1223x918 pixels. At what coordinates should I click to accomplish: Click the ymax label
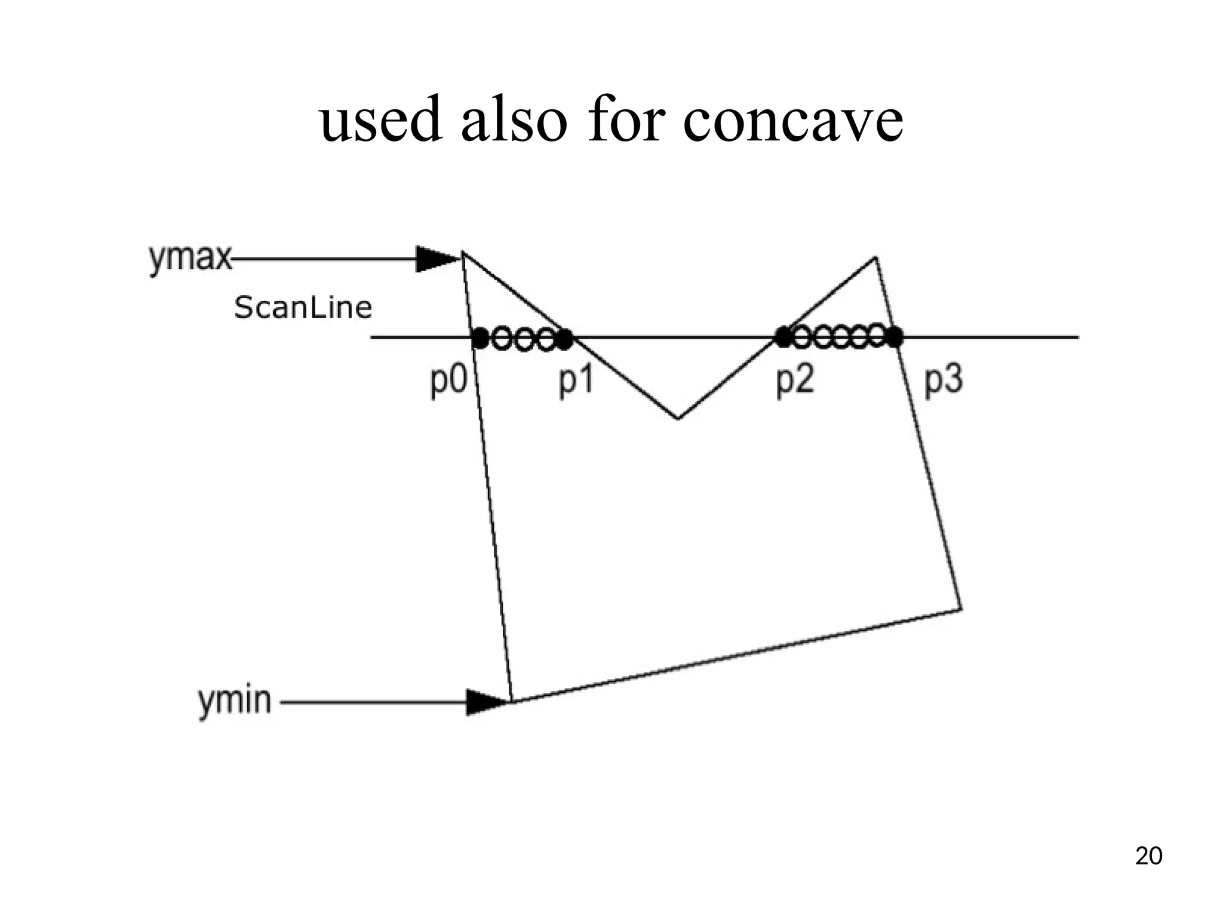click(x=190, y=259)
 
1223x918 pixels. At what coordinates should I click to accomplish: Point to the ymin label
click(x=235, y=701)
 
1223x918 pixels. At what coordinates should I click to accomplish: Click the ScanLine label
click(x=303, y=308)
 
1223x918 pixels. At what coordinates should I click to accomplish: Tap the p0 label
click(x=448, y=380)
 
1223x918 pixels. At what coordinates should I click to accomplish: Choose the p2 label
click(x=795, y=380)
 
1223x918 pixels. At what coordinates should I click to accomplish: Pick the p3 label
click(x=944, y=380)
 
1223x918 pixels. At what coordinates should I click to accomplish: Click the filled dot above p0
click(x=480, y=338)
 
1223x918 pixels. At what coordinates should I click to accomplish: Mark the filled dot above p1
click(x=564, y=339)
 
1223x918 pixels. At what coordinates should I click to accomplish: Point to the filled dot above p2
click(x=783, y=337)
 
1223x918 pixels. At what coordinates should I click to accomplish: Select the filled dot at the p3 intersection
click(x=894, y=337)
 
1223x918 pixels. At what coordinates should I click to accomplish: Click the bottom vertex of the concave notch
click(x=678, y=419)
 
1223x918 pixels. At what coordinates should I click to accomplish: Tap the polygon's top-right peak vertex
click(x=875, y=257)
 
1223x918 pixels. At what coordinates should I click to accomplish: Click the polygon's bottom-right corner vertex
click(x=961, y=609)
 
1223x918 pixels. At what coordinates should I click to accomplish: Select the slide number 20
click(x=1148, y=856)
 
